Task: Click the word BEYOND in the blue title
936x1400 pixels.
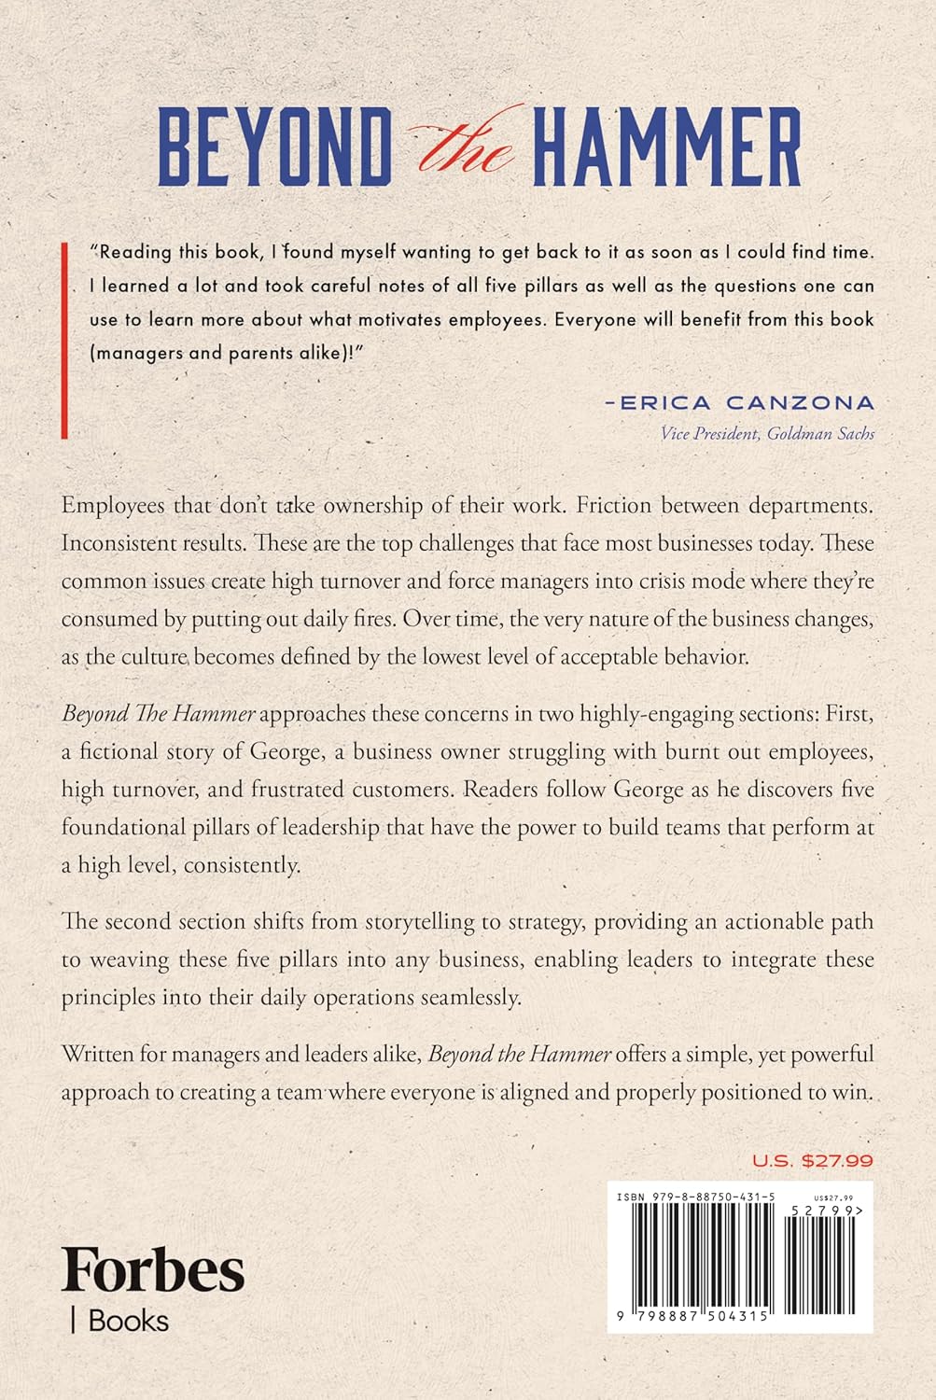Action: [274, 147]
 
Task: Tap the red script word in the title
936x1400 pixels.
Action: [465, 147]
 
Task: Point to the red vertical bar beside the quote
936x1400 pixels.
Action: [63, 340]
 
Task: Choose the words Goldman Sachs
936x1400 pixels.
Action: [820, 433]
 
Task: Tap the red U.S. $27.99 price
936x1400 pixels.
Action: [812, 1161]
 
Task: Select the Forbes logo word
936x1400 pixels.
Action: [153, 1269]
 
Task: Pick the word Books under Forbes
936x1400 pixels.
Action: [129, 1321]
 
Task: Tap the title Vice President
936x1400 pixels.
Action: [708, 433]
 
